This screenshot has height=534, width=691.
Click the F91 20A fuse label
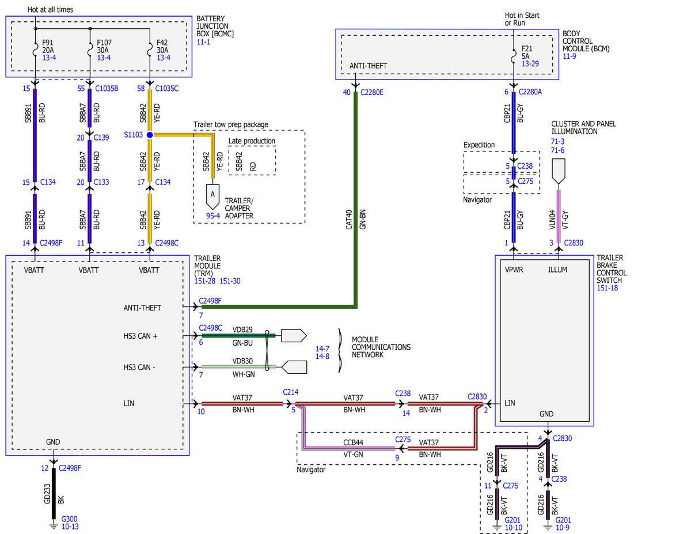[48, 46]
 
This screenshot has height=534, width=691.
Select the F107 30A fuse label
[104, 46]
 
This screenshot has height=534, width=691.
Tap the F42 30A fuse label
[162, 46]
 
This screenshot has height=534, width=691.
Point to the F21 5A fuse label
[526, 52]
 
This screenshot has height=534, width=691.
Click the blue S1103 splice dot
[150, 135]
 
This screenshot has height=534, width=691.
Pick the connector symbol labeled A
[212, 196]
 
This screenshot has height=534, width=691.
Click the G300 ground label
[69, 519]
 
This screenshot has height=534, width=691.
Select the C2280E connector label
[372, 92]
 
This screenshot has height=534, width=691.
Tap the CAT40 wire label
[349, 219]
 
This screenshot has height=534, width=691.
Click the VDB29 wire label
[242, 330]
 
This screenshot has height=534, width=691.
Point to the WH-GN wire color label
[244, 374]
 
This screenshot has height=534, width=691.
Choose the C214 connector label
[291, 392]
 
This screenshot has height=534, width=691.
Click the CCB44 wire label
[354, 442]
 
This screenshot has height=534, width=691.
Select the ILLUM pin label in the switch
[557, 270]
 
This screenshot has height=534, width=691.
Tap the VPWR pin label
[514, 270]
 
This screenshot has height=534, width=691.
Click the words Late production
[252, 141]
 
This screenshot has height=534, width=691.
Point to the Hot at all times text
[50, 10]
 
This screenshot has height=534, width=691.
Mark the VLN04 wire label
[552, 219]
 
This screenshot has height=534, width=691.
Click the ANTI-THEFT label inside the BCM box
[368, 66]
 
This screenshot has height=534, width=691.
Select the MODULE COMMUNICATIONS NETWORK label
[381, 347]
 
